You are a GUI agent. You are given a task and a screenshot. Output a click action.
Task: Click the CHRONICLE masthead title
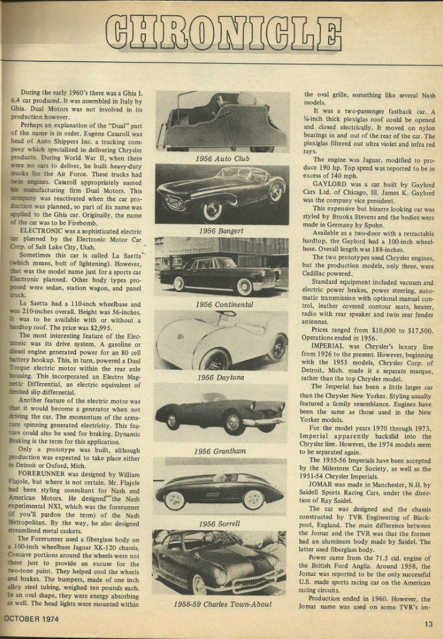222,31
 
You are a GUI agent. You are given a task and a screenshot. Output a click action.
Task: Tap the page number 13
429,624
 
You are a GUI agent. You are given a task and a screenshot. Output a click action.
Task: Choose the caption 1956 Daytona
221,377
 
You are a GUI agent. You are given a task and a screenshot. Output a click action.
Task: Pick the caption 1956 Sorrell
219,523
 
